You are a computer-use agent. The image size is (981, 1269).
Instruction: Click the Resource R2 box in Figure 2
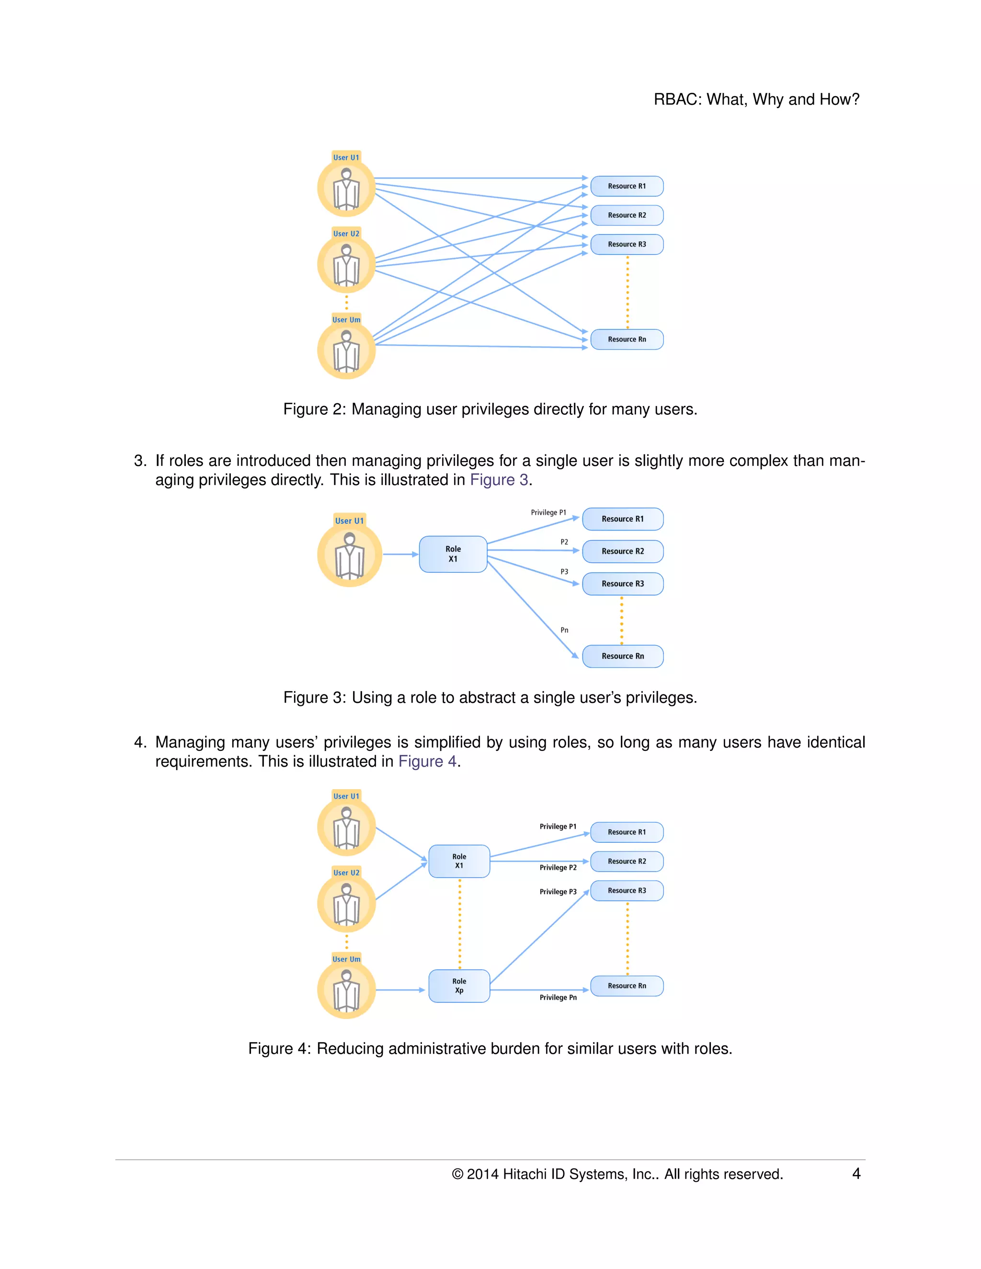point(627,215)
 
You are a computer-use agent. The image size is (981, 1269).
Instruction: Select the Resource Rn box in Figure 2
point(627,340)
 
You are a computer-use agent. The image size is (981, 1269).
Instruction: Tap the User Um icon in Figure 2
point(346,351)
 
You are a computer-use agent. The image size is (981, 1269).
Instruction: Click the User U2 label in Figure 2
point(346,234)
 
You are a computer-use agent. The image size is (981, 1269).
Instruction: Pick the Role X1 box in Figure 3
point(453,554)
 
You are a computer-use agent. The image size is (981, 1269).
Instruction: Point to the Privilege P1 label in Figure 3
point(548,512)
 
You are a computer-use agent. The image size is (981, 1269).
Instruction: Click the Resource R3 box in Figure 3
point(622,583)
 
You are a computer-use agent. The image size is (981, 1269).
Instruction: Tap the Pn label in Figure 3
point(564,630)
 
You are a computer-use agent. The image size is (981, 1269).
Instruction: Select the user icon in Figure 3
point(349,555)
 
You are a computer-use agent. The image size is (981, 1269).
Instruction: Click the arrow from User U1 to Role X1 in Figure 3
point(400,555)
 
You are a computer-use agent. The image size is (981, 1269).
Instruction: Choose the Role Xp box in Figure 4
point(459,986)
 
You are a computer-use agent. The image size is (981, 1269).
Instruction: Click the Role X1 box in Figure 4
point(459,861)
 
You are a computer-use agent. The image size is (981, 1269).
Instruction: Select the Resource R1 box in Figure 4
point(627,832)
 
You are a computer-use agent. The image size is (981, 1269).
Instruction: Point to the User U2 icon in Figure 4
point(346,904)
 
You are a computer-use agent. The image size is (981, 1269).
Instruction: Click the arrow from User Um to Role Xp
point(400,989)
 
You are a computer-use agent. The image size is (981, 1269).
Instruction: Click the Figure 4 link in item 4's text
point(427,761)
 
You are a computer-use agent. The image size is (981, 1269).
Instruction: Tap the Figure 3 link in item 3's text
point(499,480)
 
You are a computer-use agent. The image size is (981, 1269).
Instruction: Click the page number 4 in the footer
point(856,1173)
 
